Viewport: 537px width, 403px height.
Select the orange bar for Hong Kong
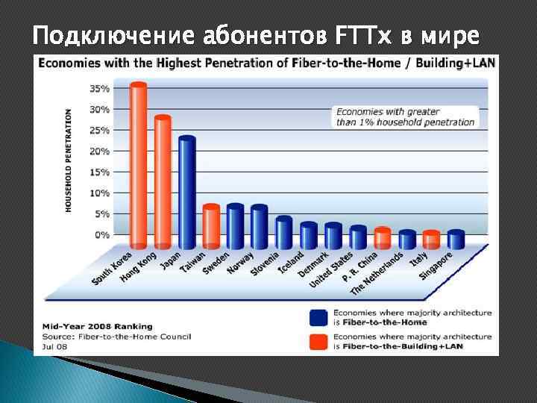163,182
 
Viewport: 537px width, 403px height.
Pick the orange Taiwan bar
211,227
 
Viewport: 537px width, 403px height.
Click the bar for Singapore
456,240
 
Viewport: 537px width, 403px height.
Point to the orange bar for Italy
431,240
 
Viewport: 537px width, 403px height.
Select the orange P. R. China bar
383,238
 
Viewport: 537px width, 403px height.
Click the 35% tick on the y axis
99,88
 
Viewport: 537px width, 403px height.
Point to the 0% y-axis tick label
102,234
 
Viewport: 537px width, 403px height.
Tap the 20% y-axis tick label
99,151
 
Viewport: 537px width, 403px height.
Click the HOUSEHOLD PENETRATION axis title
69,160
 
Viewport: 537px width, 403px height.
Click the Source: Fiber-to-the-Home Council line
112,337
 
